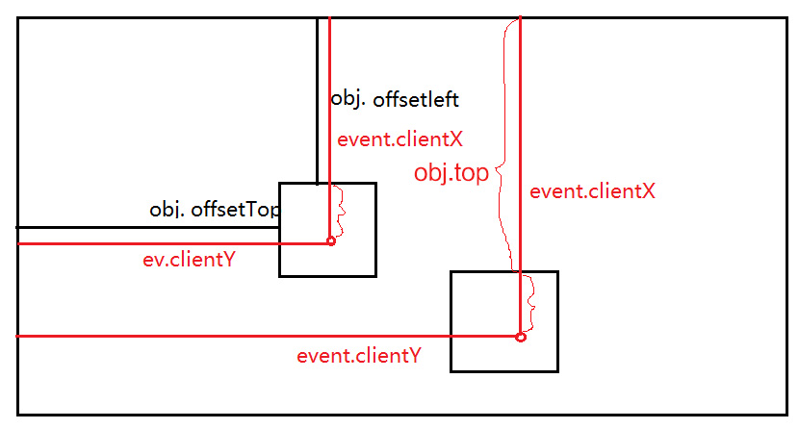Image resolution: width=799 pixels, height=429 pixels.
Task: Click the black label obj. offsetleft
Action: coord(394,99)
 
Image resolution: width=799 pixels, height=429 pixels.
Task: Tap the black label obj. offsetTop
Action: coord(215,210)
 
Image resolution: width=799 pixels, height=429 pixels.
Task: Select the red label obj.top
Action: coord(451,173)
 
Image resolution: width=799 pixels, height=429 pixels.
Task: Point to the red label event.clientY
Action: coord(358,355)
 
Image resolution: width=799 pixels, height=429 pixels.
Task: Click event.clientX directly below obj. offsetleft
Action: coord(399,139)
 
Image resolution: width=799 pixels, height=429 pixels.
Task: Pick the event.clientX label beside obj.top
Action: coord(592,191)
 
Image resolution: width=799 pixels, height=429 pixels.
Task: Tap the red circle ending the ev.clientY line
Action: coord(331,241)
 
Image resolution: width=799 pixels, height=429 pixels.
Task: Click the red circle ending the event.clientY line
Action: coord(521,337)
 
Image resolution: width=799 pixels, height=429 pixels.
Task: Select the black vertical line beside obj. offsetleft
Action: coord(317,96)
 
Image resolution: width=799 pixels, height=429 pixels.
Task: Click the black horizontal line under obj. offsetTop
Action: coord(144,227)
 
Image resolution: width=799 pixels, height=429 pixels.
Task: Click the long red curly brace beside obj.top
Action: coord(503,144)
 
